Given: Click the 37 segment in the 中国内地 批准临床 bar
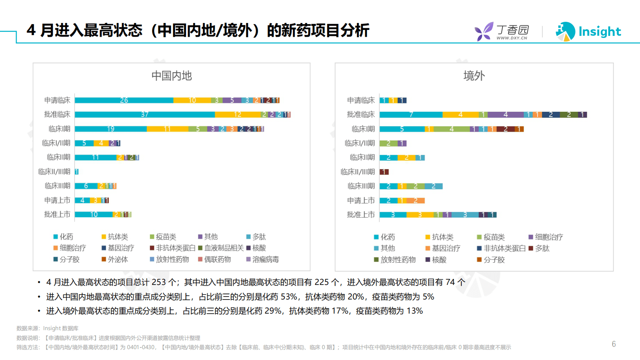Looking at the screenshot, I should [x=144, y=115].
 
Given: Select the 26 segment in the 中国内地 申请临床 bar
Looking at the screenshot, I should [x=124, y=100].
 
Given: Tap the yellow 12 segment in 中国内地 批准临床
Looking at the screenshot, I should [x=238, y=115].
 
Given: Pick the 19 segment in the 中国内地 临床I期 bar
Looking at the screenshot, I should [x=110, y=129].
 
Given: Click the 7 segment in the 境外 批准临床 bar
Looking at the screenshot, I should [x=411, y=115].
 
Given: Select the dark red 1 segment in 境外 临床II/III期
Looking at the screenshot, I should [x=384, y=172].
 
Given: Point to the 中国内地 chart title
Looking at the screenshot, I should [x=171, y=76].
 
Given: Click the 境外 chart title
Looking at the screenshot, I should [x=474, y=76].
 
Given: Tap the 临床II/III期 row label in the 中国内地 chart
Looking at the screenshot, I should [x=54, y=172].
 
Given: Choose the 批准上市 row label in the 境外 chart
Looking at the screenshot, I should [x=361, y=215].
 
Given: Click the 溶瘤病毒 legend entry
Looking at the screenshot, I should [x=265, y=260].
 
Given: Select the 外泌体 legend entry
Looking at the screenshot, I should [x=117, y=260].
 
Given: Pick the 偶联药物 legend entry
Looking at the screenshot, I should [x=217, y=260].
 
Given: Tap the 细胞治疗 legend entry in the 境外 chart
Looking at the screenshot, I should [x=548, y=237].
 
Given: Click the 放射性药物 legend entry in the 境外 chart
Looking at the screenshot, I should [x=398, y=260].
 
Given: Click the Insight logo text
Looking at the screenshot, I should [x=599, y=31].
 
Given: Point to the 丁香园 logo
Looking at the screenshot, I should [x=502, y=31].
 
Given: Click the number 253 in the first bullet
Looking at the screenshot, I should [x=158, y=282].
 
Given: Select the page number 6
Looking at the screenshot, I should [x=613, y=344].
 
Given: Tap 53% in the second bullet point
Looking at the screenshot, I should [x=288, y=297].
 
